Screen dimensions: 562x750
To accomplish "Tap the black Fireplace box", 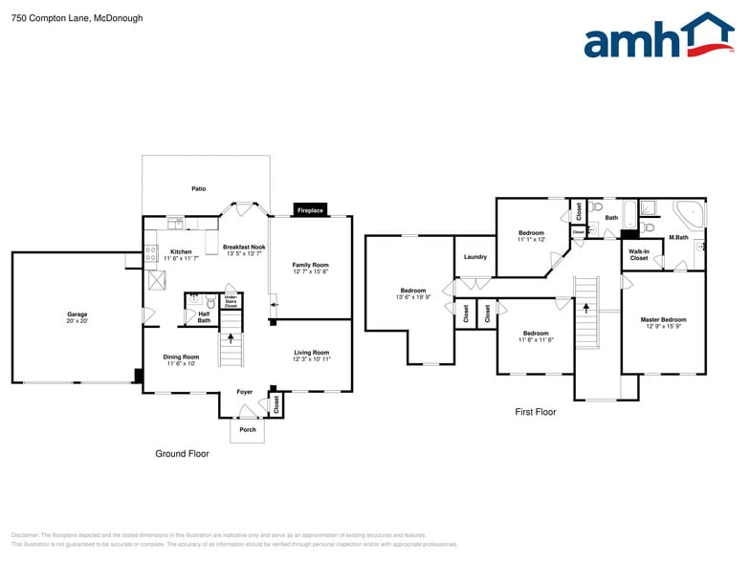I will click(x=310, y=209).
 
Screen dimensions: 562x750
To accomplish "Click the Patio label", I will click(x=199, y=188).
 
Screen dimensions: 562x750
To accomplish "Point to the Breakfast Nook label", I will click(x=244, y=247).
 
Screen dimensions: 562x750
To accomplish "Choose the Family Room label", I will click(x=310, y=265).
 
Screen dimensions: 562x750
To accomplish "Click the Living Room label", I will click(x=311, y=353).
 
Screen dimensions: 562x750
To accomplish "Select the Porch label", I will click(x=247, y=429).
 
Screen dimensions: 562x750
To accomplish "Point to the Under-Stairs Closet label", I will click(x=231, y=301).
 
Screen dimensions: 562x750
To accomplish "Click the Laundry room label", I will click(x=475, y=256).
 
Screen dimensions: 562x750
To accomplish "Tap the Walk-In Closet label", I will click(x=639, y=255).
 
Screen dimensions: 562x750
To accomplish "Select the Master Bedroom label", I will click(x=663, y=319).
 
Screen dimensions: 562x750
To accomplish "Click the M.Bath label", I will click(x=678, y=237).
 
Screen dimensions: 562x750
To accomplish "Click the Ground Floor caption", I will click(x=182, y=453).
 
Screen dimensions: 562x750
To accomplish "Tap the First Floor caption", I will click(x=535, y=412).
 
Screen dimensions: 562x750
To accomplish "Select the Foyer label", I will click(x=245, y=391).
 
